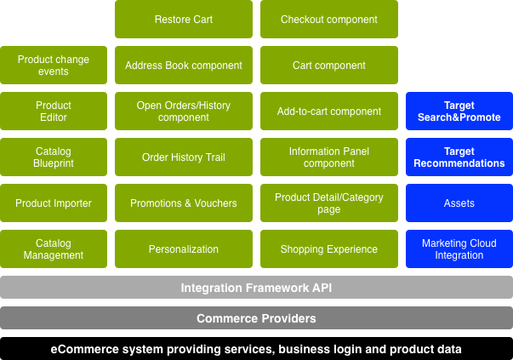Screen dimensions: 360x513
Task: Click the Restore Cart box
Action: (x=184, y=20)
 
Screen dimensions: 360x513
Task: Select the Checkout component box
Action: (x=328, y=20)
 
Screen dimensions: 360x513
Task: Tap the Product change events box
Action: (x=54, y=66)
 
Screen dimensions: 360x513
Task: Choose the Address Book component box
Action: (x=184, y=66)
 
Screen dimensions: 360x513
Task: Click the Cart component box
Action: (x=328, y=66)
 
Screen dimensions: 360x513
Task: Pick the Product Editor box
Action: (x=54, y=111)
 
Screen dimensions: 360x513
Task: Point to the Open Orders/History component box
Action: (x=184, y=111)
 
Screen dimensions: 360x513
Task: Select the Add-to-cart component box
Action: (x=328, y=111)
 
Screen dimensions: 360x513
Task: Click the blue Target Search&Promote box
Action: (x=459, y=111)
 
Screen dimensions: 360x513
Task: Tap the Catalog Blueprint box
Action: (x=54, y=157)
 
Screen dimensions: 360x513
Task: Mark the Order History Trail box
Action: (x=184, y=157)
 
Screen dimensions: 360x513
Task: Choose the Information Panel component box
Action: (x=328, y=157)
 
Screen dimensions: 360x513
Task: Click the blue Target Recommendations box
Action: (x=459, y=157)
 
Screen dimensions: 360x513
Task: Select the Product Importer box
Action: (x=54, y=203)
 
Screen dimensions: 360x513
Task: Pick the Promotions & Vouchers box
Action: (x=184, y=203)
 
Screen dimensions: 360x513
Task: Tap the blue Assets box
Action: (x=459, y=203)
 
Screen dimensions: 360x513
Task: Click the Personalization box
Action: (x=184, y=249)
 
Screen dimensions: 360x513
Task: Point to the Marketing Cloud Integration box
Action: (x=459, y=249)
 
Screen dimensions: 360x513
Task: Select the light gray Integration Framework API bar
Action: (x=256, y=288)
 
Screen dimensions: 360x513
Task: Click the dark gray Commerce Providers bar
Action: (x=256, y=318)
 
